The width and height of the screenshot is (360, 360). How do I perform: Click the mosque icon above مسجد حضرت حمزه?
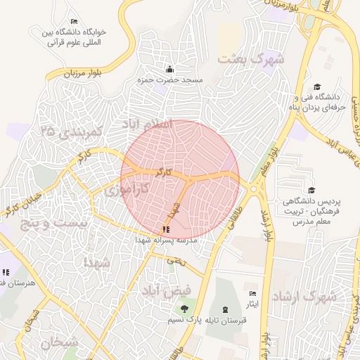pyautogui.click(x=169, y=69)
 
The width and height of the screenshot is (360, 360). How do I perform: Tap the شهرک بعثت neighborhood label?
pyautogui.click(x=251, y=59)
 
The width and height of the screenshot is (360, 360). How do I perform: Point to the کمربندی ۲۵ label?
pyautogui.click(x=72, y=131)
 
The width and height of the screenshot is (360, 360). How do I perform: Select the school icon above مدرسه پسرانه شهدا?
pyautogui.click(x=165, y=229)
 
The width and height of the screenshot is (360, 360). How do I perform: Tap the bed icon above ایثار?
pyautogui.click(x=253, y=293)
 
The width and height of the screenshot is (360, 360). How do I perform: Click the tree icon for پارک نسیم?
pyautogui.click(x=184, y=309)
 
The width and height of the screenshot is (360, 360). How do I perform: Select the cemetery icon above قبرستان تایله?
pyautogui.click(x=225, y=309)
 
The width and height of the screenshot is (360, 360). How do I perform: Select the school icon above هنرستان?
pyautogui.click(x=6, y=272)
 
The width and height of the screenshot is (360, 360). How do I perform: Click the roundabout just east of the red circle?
pyautogui.click(x=253, y=188)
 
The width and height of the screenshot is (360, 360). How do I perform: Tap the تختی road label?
pyautogui.click(x=176, y=261)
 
